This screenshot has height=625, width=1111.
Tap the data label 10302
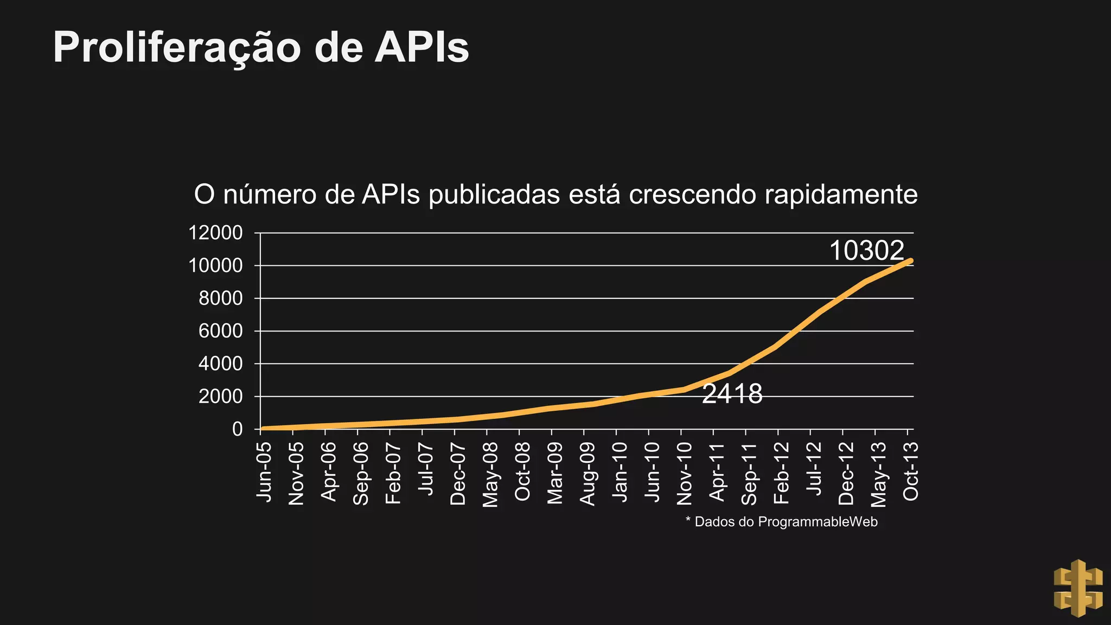click(866, 251)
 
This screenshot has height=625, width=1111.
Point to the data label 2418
click(732, 394)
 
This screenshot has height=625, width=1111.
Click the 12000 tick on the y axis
click(215, 233)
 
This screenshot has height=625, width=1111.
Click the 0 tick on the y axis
click(237, 429)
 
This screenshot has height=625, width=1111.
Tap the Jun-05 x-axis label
click(264, 471)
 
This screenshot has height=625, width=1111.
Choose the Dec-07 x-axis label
click(458, 473)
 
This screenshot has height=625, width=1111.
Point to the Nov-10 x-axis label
click(684, 473)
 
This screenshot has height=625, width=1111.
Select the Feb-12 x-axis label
click(781, 473)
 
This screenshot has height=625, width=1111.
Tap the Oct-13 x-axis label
click(910, 471)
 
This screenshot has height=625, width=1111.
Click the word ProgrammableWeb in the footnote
click(818, 522)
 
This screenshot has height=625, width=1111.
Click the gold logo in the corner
click(1078, 588)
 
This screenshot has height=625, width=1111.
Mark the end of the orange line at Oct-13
click(910, 261)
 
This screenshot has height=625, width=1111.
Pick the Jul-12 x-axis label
click(813, 468)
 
